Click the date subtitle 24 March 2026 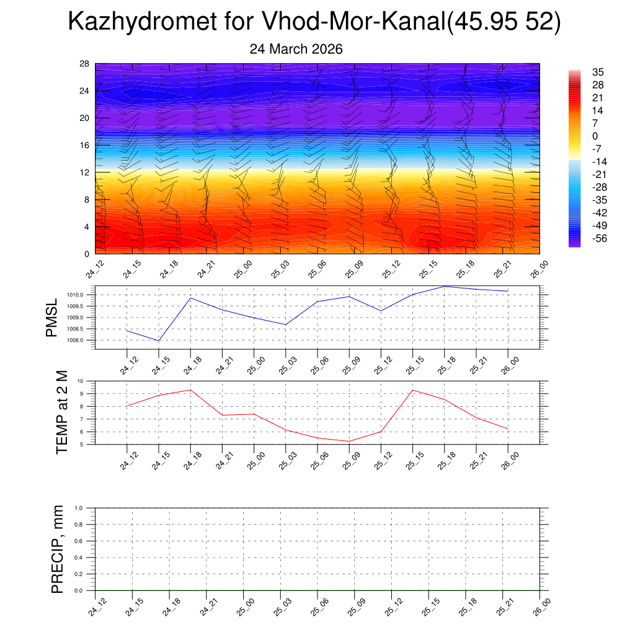296,49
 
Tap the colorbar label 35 598,72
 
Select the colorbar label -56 599,238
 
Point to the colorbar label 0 595,136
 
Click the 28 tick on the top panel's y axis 85,63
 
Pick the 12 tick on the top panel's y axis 85,172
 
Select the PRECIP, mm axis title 58,549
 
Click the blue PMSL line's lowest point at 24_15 159,340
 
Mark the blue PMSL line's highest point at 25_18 445,286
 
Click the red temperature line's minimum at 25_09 349,441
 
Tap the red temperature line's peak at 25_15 413,390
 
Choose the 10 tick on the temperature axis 89,381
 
